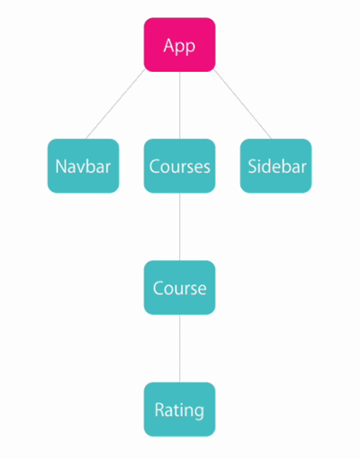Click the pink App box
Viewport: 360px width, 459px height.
click(x=179, y=45)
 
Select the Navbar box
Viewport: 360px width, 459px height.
click(x=83, y=166)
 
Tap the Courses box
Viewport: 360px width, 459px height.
click(x=179, y=166)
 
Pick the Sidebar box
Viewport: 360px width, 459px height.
click(x=275, y=166)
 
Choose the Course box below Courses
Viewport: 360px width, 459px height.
click(x=179, y=287)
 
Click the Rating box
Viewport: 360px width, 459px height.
click(x=179, y=409)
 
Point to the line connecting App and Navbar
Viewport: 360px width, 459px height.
click(x=115, y=103)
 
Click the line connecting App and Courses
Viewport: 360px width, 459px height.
click(x=180, y=105)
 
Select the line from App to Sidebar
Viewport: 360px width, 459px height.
click(x=243, y=103)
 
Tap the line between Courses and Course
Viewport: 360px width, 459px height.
click(x=180, y=227)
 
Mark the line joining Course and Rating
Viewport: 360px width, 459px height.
click(x=180, y=348)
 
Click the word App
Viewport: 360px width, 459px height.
click(x=179, y=47)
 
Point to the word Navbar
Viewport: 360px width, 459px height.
click(x=83, y=166)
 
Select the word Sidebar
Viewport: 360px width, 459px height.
click(x=277, y=166)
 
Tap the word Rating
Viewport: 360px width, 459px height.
click(x=179, y=410)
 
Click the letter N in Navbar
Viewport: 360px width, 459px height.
click(x=61, y=166)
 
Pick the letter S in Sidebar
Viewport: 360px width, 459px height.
click(x=252, y=166)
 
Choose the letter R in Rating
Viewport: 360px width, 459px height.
click(x=159, y=409)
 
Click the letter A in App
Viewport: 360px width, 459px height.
click(x=169, y=45)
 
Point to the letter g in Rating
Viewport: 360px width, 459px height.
click(x=198, y=412)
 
